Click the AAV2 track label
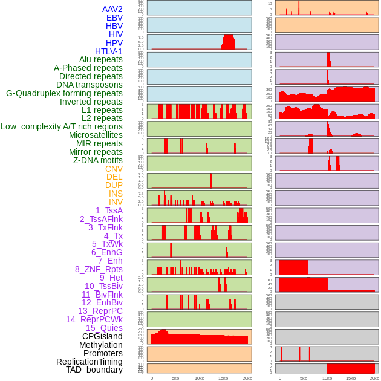coord(112,9)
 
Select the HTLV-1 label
coord(108,51)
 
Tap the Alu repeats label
coord(100,59)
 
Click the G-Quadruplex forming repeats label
coord(64,93)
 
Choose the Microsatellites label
coord(96,135)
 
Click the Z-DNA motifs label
coord(97,160)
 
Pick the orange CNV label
coord(114,169)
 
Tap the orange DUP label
coord(114,185)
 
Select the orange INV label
coord(116,202)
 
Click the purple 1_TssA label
coord(109,210)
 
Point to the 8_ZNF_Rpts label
coord(99,269)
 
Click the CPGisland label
coord(102,336)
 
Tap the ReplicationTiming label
coord(89,362)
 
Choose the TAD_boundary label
coord(94,370)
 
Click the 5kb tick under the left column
coord(175,378)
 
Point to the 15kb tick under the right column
coord(351,378)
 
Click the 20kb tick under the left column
coord(247,378)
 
